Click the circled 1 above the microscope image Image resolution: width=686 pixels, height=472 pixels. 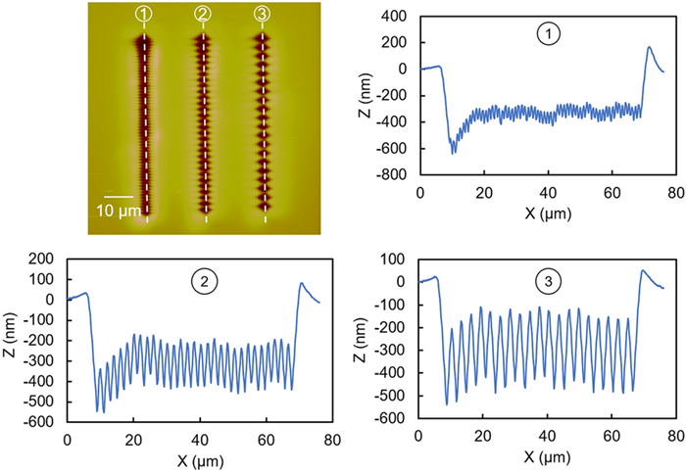pyautogui.click(x=145, y=14)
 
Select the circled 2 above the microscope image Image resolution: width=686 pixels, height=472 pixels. pyautogui.click(x=204, y=14)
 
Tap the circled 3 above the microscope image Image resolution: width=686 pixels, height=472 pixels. pyautogui.click(x=262, y=14)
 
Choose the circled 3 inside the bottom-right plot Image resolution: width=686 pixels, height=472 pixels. pyautogui.click(x=551, y=284)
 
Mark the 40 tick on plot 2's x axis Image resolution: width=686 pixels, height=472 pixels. pyautogui.click(x=201, y=441)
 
